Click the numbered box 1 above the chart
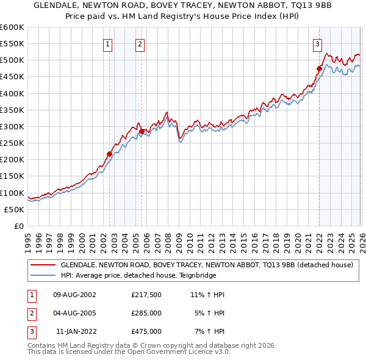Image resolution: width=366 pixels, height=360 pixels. pyautogui.click(x=107, y=43)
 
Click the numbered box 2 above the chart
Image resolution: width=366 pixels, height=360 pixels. pyautogui.click(x=140, y=43)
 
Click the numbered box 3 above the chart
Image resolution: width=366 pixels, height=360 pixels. pyautogui.click(x=317, y=43)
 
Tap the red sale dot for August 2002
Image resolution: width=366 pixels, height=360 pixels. pyautogui.click(x=110, y=154)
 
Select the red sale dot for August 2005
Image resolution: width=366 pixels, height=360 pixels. pyautogui.click(x=142, y=131)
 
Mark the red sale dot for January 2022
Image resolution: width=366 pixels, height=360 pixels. pyautogui.click(x=319, y=68)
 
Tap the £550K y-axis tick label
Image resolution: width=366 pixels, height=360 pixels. pyautogui.click(x=12, y=44)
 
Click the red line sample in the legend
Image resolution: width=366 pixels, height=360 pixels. pyautogui.click(x=43, y=265)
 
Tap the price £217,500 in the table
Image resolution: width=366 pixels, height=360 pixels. pyautogui.click(x=146, y=294)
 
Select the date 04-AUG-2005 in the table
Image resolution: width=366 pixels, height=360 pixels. pyautogui.click(x=75, y=312)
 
